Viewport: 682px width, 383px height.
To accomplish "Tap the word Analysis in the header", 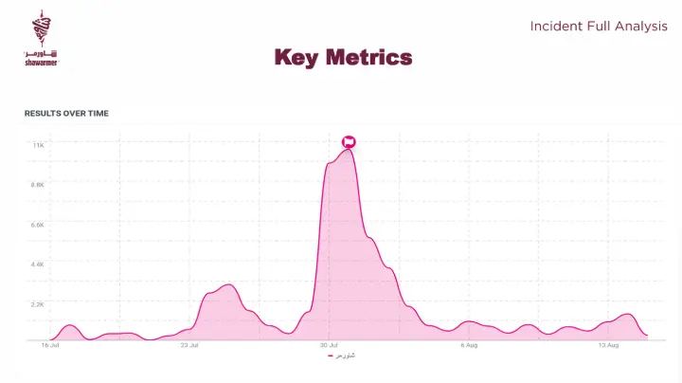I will [640, 27].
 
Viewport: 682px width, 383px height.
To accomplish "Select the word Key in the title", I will [295, 58].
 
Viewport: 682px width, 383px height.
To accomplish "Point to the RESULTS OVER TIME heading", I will [66, 113].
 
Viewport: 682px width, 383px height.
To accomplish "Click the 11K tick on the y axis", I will [38, 145].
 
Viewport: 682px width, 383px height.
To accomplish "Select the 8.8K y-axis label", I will [38, 185].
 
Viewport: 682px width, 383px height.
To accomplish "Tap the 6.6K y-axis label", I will [38, 225].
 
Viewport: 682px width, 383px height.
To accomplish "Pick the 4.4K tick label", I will [38, 264].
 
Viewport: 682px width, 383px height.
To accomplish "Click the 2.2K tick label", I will [38, 304].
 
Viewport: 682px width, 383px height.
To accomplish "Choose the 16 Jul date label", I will [50, 346].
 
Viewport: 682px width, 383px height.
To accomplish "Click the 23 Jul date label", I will [188, 346].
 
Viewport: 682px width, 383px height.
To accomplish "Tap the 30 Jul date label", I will [329, 346].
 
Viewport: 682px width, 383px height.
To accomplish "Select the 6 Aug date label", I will [468, 346].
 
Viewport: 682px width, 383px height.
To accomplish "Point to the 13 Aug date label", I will [607, 346].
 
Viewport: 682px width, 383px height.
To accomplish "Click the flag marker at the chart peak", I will [349, 142].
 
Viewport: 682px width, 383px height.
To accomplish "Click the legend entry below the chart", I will [341, 356].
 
